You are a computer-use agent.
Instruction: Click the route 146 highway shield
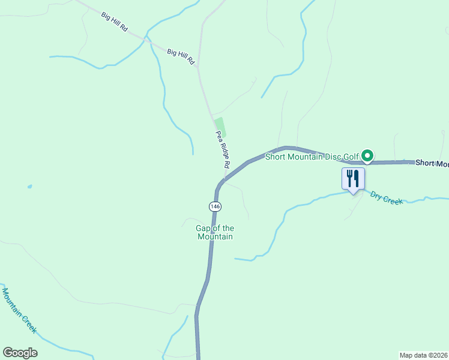(215, 206)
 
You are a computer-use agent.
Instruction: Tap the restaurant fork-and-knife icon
(353, 178)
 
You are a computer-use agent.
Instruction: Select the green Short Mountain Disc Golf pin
(367, 156)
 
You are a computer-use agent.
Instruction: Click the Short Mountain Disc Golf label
(312, 158)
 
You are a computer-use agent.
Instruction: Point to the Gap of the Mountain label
(215, 232)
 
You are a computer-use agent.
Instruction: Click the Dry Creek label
(386, 197)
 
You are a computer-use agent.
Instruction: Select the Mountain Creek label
(19, 311)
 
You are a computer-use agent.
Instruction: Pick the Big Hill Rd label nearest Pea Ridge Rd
(181, 57)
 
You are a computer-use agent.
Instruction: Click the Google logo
(20, 353)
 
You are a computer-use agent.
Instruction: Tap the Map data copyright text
(424, 355)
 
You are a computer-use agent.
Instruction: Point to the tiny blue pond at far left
(29, 187)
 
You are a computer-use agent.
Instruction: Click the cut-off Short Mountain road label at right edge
(432, 163)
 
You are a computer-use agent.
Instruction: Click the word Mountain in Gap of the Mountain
(215, 236)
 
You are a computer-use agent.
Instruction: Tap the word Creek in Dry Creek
(393, 200)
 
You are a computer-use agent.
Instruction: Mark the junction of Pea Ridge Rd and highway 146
(223, 179)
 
